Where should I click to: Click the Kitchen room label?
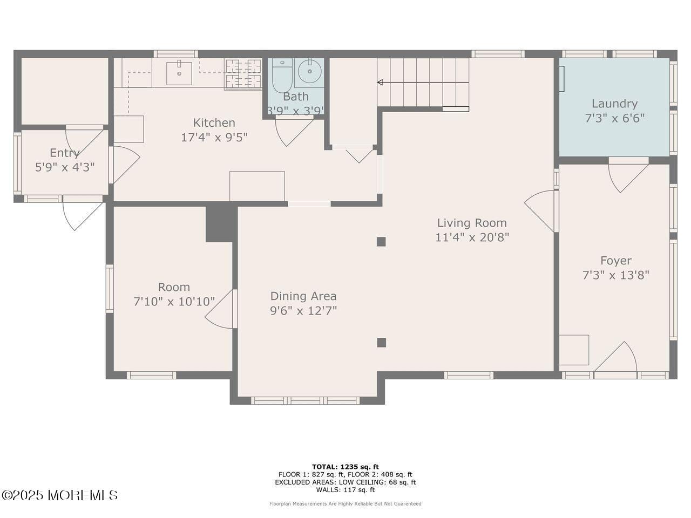214,123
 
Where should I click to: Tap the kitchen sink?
179,73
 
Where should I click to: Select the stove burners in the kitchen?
243,74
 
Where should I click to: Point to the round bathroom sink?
310,71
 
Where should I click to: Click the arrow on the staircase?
381,83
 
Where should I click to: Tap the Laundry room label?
614,104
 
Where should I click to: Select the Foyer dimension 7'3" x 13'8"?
615,275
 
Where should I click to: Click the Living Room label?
472,223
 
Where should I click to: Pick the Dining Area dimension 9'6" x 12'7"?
303,311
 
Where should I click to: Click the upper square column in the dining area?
381,242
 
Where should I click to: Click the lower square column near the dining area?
382,342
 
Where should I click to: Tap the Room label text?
174,287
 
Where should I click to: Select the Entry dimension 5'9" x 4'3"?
65,167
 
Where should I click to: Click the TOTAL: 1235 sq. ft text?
345,467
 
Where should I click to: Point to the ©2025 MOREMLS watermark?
59,495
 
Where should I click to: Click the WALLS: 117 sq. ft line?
345,490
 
